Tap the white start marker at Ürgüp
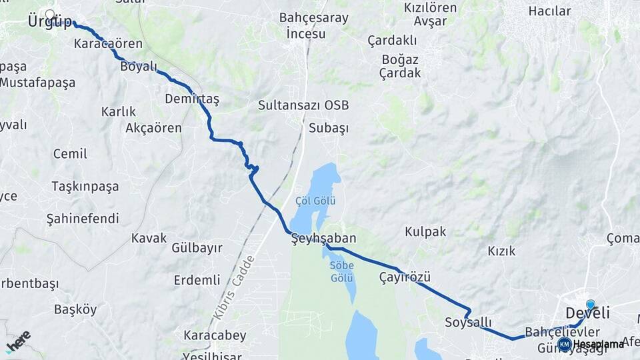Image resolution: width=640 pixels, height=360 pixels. point(50,13)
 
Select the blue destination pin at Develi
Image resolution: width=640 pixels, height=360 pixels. point(590,305)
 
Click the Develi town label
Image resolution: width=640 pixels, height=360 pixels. point(587,313)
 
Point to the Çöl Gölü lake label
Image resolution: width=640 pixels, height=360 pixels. point(315,201)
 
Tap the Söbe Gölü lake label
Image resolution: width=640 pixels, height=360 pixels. point(342,271)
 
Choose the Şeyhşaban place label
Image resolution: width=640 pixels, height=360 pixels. point(324,238)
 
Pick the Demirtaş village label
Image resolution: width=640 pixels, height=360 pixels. point(192,99)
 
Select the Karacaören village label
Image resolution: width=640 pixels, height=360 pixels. point(108,45)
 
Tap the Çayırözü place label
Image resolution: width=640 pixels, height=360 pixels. point(405,277)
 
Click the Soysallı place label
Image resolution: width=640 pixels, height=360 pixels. point(468,323)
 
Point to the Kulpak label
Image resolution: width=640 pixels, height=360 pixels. point(425,232)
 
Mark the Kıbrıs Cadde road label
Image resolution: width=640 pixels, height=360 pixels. point(235,285)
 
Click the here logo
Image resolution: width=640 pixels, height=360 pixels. point(18,341)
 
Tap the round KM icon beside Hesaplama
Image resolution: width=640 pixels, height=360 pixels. point(565,344)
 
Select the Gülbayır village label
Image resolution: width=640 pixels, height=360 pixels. point(197,248)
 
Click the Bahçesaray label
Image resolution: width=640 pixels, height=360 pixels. point(313,18)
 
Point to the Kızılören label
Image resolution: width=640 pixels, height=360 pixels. point(430,8)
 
